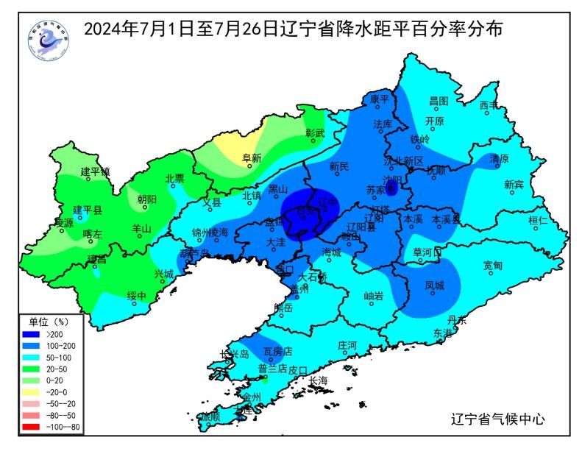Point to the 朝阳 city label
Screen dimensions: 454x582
[x=146, y=199]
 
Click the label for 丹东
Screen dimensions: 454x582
[x=456, y=320]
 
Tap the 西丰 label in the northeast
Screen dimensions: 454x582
[x=489, y=105]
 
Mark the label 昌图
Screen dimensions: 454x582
[x=439, y=101]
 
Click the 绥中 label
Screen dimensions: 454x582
[x=137, y=297]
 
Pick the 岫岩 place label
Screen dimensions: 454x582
[x=374, y=296]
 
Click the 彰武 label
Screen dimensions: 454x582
[x=315, y=133]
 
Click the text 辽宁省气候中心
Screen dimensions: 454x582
[x=497, y=419]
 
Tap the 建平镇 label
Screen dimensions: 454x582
[x=95, y=171]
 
